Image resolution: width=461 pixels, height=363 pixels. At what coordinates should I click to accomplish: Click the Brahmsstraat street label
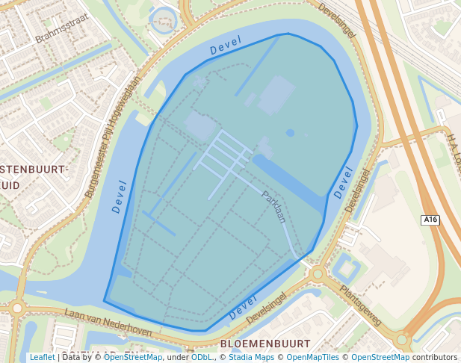click(62, 28)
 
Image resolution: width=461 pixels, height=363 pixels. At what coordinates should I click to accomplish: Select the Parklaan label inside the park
click(273, 207)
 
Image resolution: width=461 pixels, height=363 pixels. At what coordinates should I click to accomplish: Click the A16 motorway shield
click(430, 220)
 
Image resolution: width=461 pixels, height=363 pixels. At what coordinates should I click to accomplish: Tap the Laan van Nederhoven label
click(108, 322)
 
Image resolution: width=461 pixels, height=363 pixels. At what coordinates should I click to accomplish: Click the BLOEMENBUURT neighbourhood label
click(265, 344)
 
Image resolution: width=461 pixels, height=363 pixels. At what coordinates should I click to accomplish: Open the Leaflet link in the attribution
click(42, 358)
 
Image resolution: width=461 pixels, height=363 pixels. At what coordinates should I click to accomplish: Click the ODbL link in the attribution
click(201, 358)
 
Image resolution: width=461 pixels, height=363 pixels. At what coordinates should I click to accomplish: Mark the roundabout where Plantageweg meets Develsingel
click(318, 274)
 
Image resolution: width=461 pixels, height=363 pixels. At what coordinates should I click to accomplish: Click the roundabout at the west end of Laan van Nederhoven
click(16, 307)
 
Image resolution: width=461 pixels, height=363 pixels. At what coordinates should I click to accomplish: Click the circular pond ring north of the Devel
click(162, 21)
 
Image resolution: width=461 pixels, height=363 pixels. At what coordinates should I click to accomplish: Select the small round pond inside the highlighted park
click(290, 133)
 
